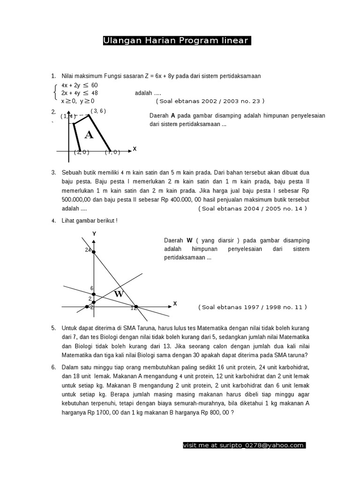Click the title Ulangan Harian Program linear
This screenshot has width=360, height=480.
[177, 41]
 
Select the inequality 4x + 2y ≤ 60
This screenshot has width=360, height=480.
[79, 85]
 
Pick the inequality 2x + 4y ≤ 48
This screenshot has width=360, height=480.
[79, 93]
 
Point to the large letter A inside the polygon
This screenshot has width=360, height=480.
[89, 135]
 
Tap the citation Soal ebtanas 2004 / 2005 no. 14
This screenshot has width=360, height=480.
[253, 209]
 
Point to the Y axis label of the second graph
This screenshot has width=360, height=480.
[94, 233]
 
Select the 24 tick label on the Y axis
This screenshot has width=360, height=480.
[88, 250]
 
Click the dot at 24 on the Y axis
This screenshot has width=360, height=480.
[94, 253]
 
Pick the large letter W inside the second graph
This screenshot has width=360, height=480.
[119, 294]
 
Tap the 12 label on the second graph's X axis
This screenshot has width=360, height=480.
[134, 308]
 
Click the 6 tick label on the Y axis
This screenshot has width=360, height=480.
[92, 288]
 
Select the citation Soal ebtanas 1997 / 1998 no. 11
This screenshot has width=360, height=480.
[253, 307]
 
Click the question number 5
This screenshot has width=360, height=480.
[53, 329]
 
